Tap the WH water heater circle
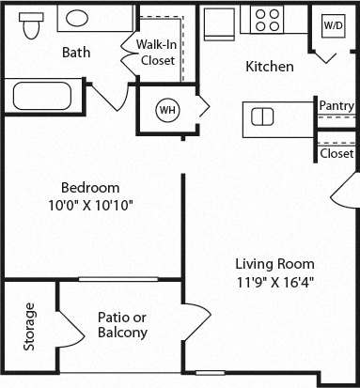[168, 111]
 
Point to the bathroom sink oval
[88, 18]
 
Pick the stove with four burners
[269, 20]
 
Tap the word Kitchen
[270, 67]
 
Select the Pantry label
[336, 105]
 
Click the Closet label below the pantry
[337, 153]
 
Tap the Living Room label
[274, 264]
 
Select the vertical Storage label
[30, 326]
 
